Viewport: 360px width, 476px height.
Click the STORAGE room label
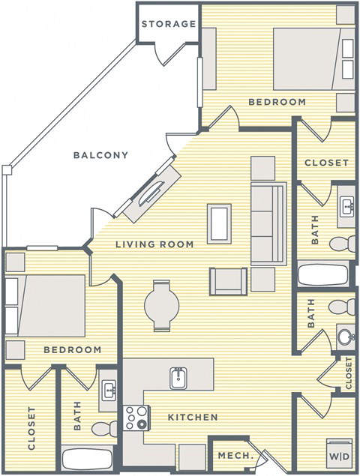pyautogui.click(x=169, y=24)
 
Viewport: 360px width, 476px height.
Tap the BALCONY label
pyautogui.click(x=100, y=155)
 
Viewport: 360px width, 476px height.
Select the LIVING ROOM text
pyautogui.click(x=154, y=244)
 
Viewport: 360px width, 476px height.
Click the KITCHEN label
pyautogui.click(x=193, y=417)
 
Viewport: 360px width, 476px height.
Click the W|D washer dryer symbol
pyautogui.click(x=338, y=455)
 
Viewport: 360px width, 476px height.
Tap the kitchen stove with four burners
pyautogui.click(x=137, y=417)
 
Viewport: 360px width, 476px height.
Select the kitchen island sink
pyautogui.click(x=178, y=377)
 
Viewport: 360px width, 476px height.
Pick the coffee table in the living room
pyautogui.click(x=220, y=221)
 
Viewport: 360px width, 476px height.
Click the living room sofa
pyautogui.click(x=268, y=223)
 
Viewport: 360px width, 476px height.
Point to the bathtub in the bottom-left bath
pyautogui.click(x=86, y=459)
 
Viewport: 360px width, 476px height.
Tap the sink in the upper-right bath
pyautogui.click(x=346, y=205)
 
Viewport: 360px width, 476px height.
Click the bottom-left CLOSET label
pyautogui.click(x=31, y=427)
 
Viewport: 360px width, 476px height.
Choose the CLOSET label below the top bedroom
pyautogui.click(x=326, y=163)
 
